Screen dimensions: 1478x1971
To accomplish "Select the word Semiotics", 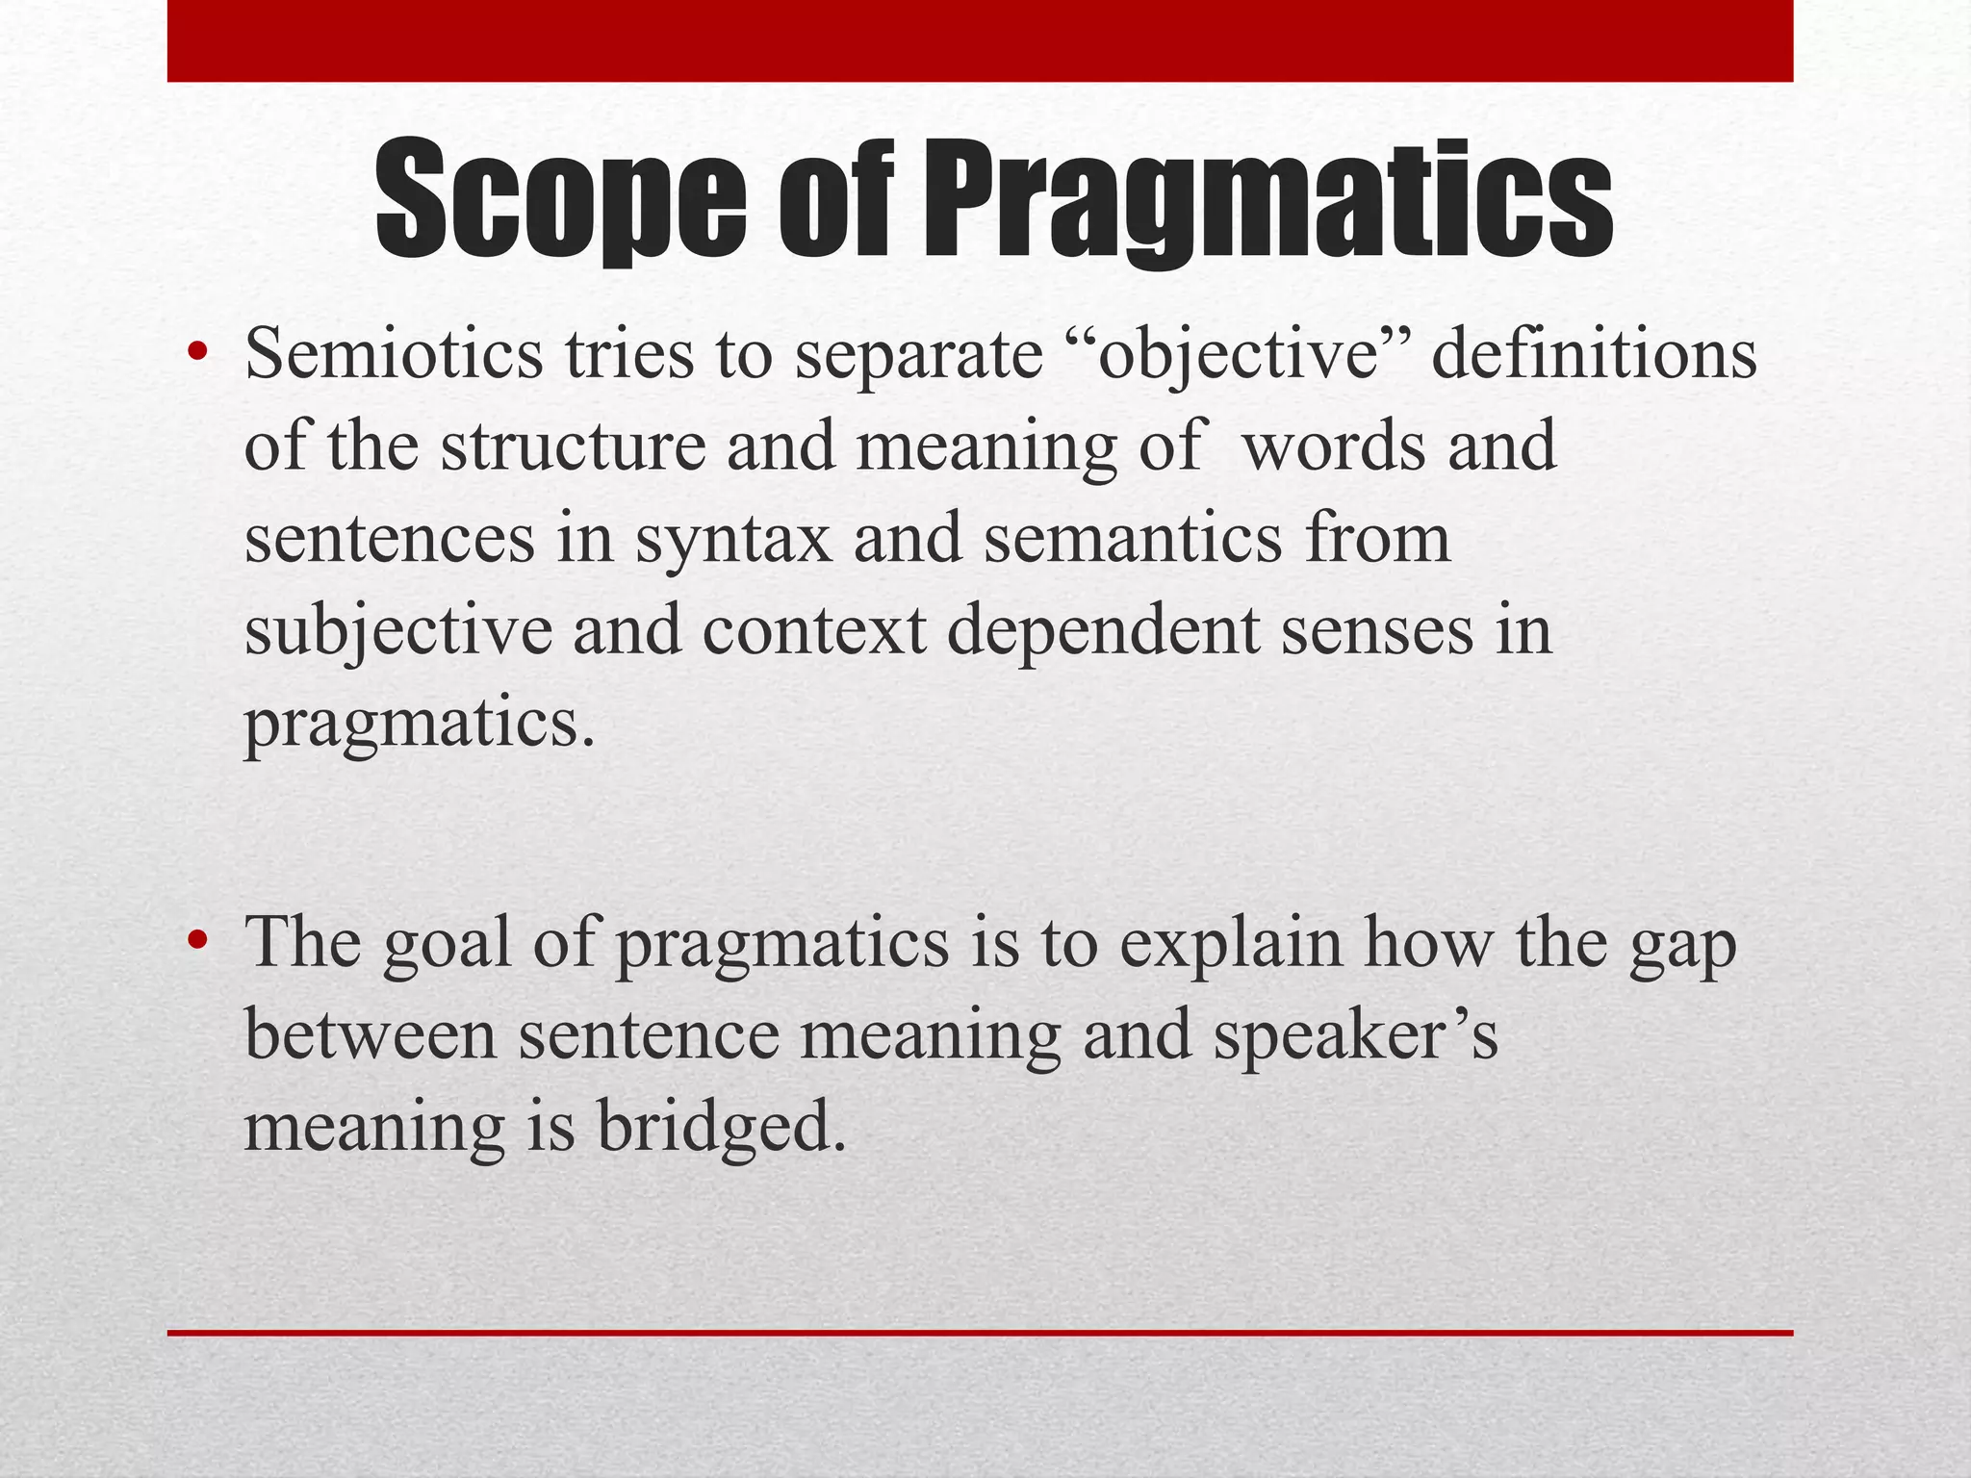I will coord(394,354).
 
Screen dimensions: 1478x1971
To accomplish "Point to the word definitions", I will coord(1594,354).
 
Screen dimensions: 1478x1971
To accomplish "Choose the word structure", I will coord(574,446).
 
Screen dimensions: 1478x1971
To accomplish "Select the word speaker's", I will coord(1355,1037).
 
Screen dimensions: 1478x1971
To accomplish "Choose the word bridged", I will coord(723,1128).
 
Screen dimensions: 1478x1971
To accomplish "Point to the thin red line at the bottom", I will coord(980,1333).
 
